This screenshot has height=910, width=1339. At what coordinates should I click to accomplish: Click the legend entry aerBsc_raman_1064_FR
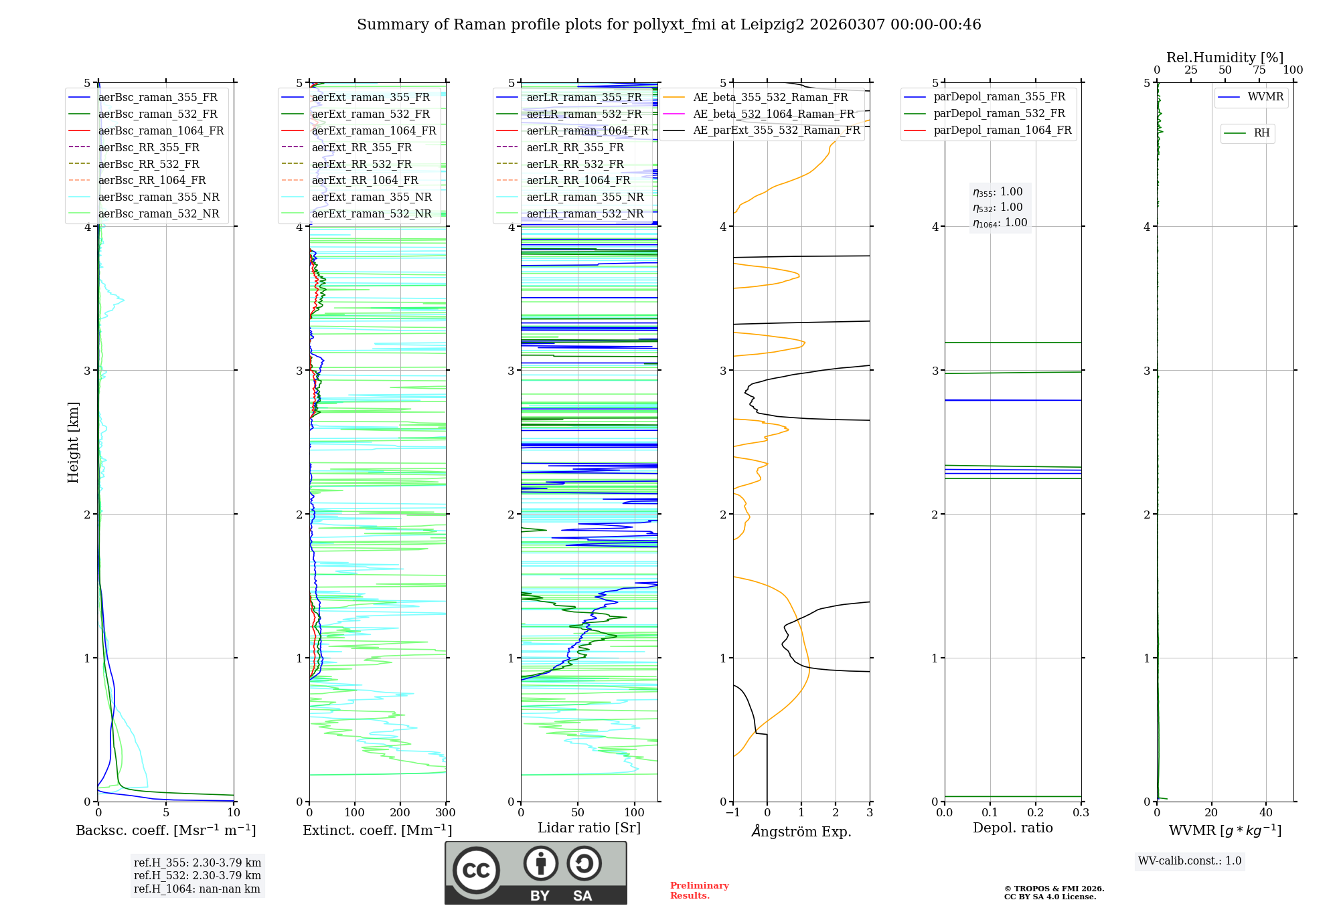(x=161, y=130)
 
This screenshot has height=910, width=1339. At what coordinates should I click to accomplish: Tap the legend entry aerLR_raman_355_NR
(x=584, y=197)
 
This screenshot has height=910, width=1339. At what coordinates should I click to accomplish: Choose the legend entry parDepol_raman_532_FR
(x=999, y=114)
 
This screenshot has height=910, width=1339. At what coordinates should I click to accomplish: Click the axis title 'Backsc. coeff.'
(x=165, y=830)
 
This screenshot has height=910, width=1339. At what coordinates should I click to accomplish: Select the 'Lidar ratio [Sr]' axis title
(x=589, y=828)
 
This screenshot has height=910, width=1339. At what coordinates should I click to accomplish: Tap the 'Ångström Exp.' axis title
(x=801, y=831)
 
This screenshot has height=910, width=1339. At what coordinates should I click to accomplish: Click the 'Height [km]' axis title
(x=73, y=442)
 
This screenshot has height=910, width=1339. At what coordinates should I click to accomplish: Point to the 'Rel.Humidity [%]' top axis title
(x=1225, y=58)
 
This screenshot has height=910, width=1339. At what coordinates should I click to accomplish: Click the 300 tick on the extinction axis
(x=446, y=813)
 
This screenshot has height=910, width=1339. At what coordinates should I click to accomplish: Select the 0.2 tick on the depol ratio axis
(x=1036, y=813)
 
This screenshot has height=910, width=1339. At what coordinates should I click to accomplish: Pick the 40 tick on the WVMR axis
(x=1266, y=813)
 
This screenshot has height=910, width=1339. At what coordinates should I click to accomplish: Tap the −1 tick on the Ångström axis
(x=732, y=813)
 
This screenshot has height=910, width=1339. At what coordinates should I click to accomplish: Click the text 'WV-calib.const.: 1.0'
(x=1190, y=861)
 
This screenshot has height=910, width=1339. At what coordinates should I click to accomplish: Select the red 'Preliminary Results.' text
(x=699, y=891)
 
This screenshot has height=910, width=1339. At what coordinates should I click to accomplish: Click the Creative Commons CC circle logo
(x=476, y=871)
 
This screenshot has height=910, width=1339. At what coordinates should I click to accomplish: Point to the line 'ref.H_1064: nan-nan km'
(x=197, y=889)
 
